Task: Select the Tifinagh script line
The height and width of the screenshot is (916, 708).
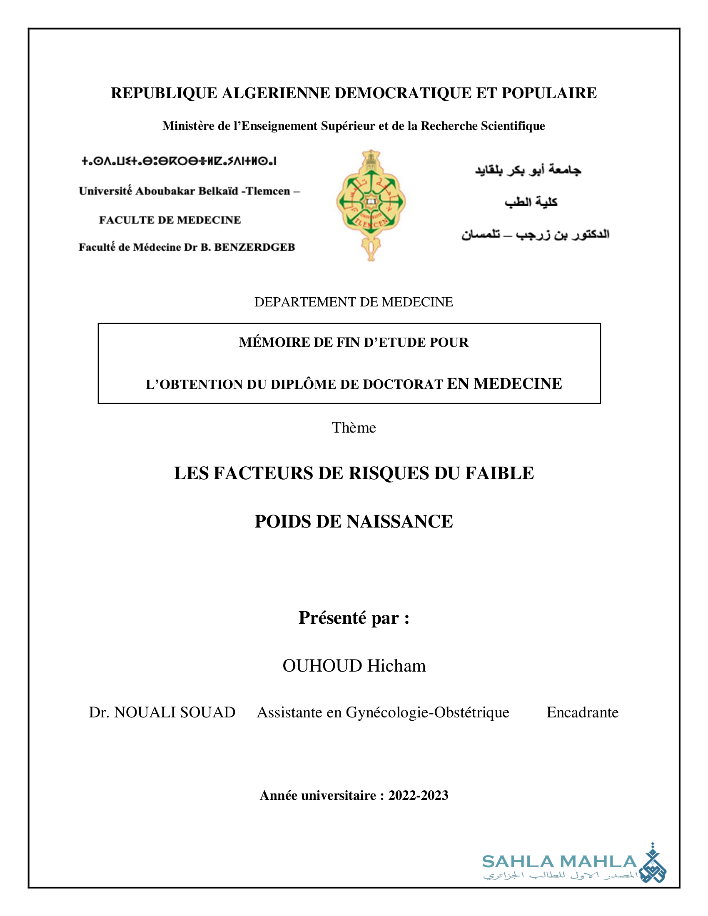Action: click(x=179, y=161)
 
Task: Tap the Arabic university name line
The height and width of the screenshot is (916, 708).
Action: click(x=528, y=170)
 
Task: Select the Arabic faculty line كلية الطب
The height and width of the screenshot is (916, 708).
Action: click(x=531, y=202)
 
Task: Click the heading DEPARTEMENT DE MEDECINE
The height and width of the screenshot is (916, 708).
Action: click(x=354, y=302)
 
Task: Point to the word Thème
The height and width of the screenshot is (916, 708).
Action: click(x=354, y=427)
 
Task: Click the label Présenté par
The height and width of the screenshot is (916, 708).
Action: click(x=354, y=618)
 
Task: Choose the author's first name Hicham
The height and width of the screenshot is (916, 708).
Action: click(x=396, y=666)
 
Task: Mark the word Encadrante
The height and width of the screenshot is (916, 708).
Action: click(x=582, y=712)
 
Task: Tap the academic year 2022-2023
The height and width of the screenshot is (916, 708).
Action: click(x=418, y=795)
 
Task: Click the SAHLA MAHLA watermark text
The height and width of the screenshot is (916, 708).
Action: click(x=559, y=862)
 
